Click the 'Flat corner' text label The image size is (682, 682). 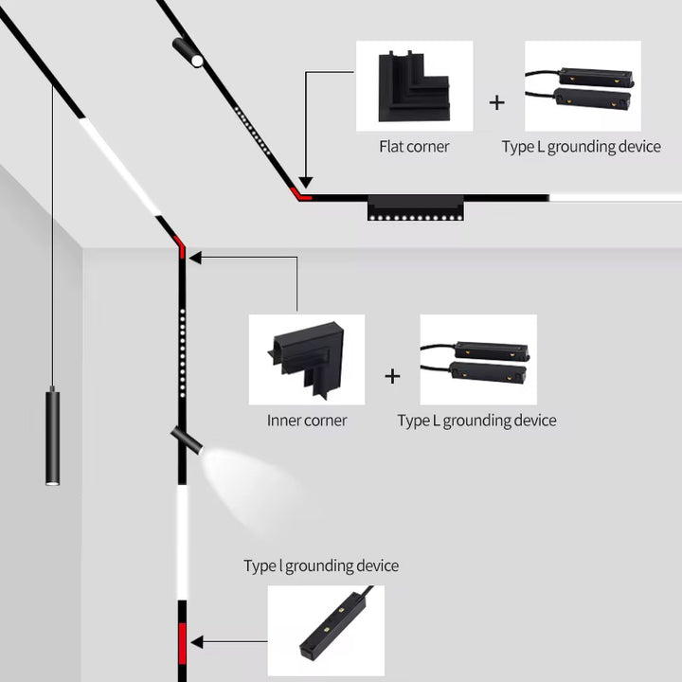coord(414,147)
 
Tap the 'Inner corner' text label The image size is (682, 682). coord(307,421)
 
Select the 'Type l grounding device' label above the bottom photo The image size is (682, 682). coord(321,566)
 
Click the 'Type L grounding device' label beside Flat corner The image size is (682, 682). coord(581,147)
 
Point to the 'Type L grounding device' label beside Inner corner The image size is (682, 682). coord(476,421)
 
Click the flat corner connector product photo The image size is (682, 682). coord(414,86)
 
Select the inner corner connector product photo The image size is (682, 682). coord(307,360)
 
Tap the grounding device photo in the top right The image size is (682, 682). coord(583,86)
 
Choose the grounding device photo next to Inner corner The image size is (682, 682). coord(478,360)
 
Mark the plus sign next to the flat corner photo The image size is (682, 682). coord(497,102)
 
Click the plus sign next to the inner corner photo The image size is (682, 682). coord(392,376)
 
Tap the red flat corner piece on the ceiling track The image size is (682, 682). coord(302,194)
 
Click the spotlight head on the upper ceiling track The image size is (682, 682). coord(188,51)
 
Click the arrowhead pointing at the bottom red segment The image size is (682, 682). coord(197,641)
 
